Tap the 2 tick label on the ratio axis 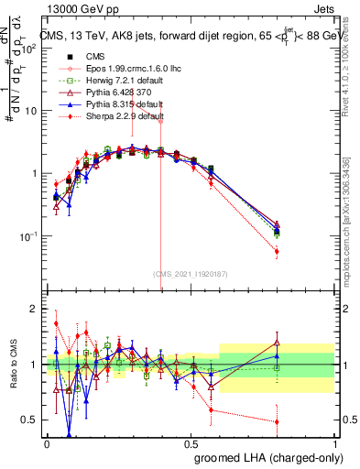click(x=34, y=309)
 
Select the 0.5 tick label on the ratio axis click(x=31, y=420)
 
